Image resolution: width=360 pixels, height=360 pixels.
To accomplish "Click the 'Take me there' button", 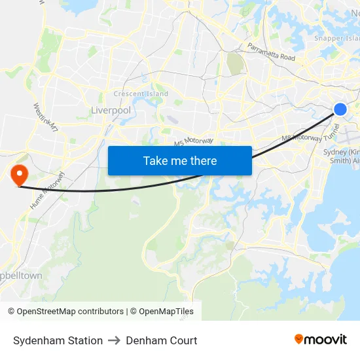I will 179,160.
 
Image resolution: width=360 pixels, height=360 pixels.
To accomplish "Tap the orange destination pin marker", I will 18,173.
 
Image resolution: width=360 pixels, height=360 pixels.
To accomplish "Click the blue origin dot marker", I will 340,109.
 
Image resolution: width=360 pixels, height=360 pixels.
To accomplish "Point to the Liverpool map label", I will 111,111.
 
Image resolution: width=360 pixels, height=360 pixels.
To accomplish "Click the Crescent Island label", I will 141,94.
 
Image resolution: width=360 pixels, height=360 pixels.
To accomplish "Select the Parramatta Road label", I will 271,52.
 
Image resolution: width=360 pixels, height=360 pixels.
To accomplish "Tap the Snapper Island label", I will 336,38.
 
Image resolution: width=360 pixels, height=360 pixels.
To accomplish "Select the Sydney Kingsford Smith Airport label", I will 342,156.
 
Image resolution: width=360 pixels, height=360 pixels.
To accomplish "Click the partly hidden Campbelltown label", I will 21,276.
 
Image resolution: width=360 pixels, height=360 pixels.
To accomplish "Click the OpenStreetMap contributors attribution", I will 65,312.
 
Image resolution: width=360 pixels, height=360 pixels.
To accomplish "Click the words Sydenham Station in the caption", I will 58,340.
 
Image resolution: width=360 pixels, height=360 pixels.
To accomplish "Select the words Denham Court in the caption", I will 161,340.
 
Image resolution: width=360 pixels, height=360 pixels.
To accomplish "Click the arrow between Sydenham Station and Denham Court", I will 114,340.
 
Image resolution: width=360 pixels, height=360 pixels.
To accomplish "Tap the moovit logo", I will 321,339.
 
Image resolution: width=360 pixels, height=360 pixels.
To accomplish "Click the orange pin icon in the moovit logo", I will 299,339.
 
